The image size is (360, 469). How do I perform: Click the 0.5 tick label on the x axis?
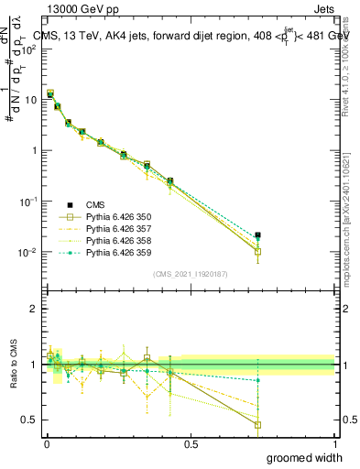tap(191, 442)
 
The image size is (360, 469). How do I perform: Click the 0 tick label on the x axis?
tap(47, 442)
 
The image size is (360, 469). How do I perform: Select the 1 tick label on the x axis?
tap(334, 442)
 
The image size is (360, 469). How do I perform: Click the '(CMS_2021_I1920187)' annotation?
tap(190, 274)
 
